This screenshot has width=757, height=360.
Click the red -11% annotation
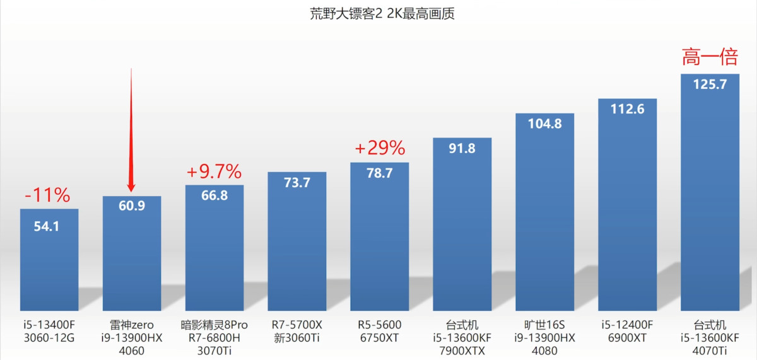(x=47, y=195)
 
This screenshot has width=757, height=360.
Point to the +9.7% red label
(x=214, y=171)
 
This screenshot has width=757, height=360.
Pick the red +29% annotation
(x=379, y=148)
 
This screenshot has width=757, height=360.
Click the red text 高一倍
(x=710, y=59)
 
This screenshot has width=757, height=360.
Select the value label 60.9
(x=131, y=206)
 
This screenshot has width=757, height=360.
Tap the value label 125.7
(x=710, y=84)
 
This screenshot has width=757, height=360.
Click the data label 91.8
(x=462, y=149)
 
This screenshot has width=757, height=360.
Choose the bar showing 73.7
(x=296, y=246)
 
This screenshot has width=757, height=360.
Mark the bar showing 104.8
(x=544, y=214)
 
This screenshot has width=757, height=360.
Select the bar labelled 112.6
(x=627, y=208)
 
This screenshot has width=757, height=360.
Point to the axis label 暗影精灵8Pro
(x=214, y=325)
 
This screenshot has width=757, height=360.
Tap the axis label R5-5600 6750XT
(x=379, y=332)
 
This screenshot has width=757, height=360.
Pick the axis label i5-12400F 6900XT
(x=627, y=332)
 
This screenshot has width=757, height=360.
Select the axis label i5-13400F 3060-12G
(x=49, y=332)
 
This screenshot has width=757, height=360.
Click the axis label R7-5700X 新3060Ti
(x=296, y=332)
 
